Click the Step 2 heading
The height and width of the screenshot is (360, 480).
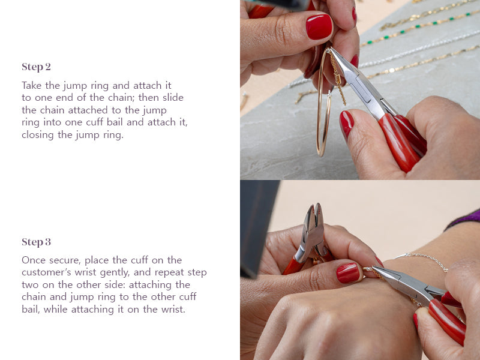click(x=36, y=67)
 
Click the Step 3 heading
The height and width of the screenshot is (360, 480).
click(x=36, y=242)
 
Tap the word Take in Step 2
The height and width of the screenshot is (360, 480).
click(x=32, y=85)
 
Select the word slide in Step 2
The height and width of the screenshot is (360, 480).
click(x=173, y=97)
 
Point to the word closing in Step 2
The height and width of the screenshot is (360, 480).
click(x=38, y=134)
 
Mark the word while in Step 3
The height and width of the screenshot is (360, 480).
click(x=56, y=309)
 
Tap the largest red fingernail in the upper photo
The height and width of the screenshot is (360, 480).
click(x=319, y=26)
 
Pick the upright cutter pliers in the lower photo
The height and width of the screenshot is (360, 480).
click(x=309, y=239)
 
